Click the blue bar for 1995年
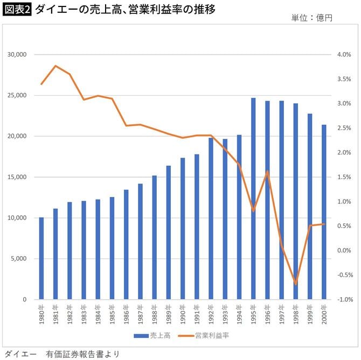[253, 199]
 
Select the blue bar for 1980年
[41, 258]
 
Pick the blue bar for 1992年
[211, 218]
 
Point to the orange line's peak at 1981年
[55, 66]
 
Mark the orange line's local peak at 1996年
[267, 171]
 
